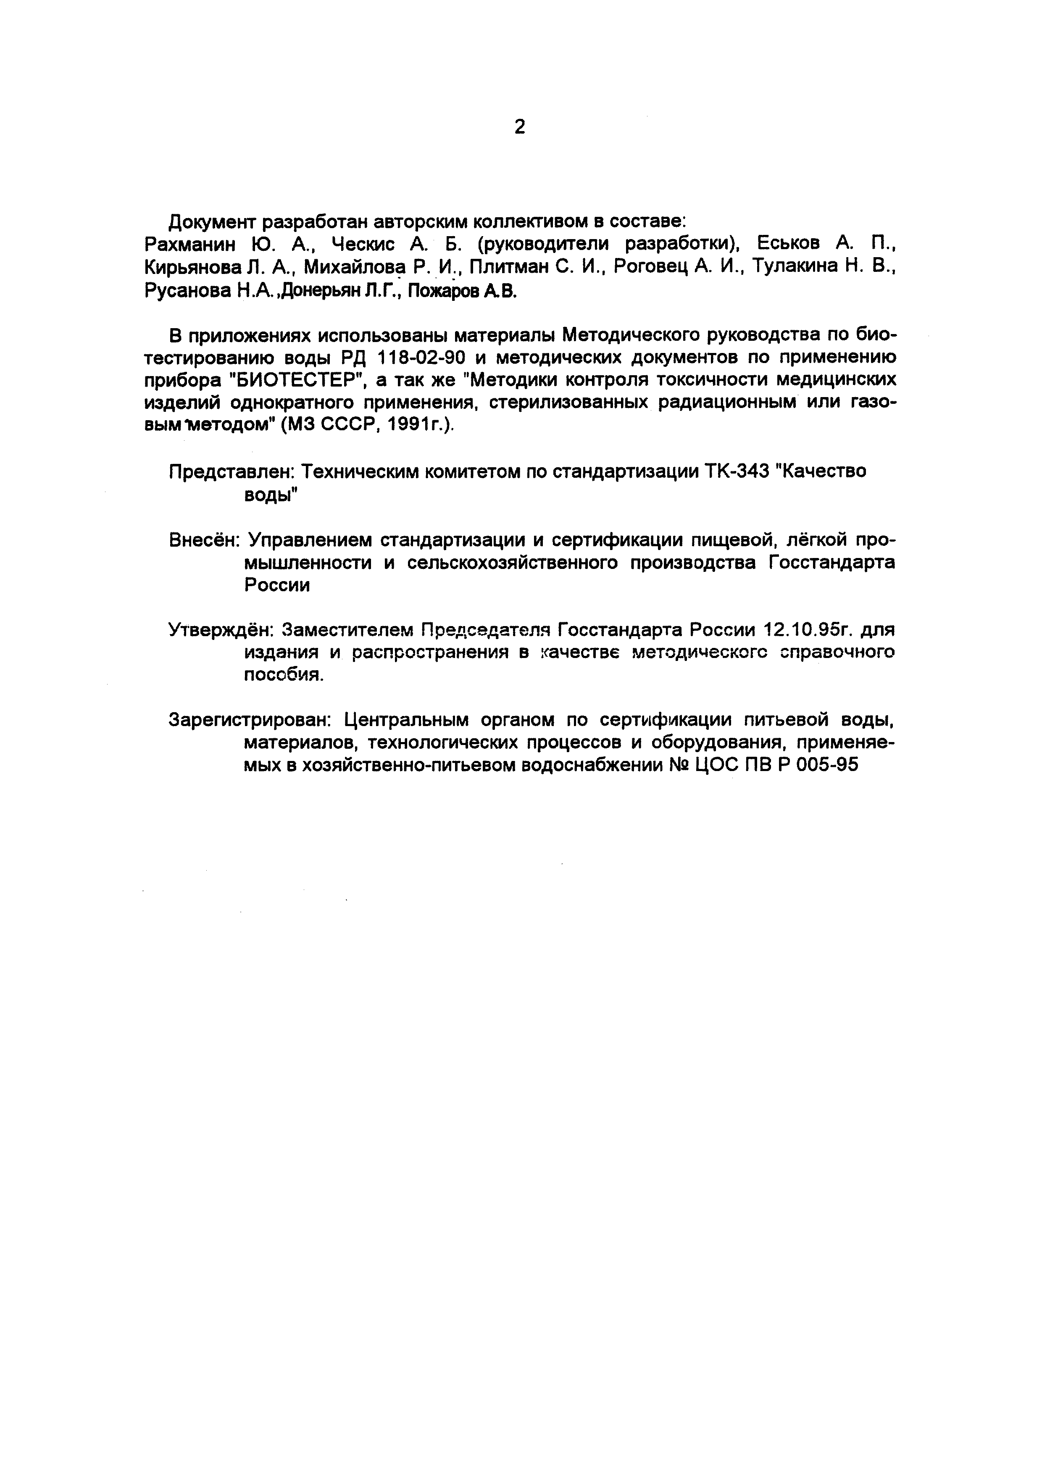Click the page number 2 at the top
(x=520, y=127)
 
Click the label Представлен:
(x=231, y=472)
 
